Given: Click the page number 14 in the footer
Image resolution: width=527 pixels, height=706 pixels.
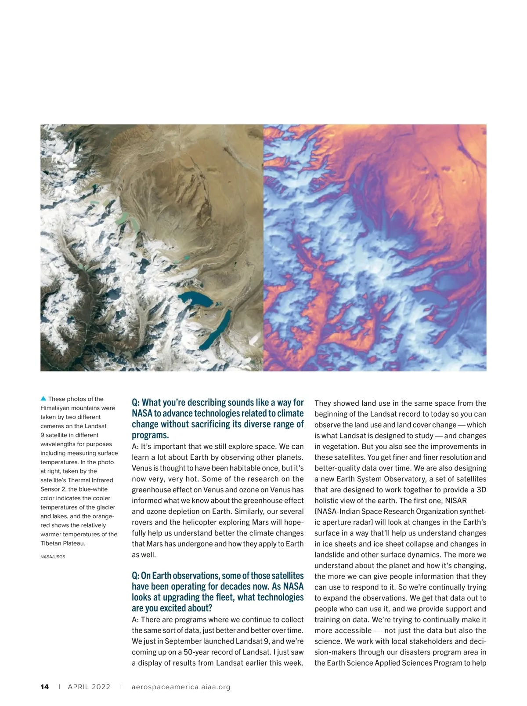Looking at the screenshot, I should point(44,687).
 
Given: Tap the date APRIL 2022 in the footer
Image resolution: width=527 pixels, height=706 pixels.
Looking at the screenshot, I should point(89,687).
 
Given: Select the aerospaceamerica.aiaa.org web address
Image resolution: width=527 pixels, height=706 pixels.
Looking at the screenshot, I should point(181,687).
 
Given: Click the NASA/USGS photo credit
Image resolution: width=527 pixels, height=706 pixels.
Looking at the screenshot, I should point(53,557).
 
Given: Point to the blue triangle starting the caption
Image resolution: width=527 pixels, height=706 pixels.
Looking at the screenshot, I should point(43,399).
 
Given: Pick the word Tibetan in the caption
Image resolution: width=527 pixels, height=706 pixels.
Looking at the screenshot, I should point(51,543).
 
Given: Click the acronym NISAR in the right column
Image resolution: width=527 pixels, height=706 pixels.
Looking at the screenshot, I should point(456,501).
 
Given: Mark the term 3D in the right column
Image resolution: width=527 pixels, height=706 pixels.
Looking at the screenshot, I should point(481,490).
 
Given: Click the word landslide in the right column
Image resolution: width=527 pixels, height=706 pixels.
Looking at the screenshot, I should point(329,555).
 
